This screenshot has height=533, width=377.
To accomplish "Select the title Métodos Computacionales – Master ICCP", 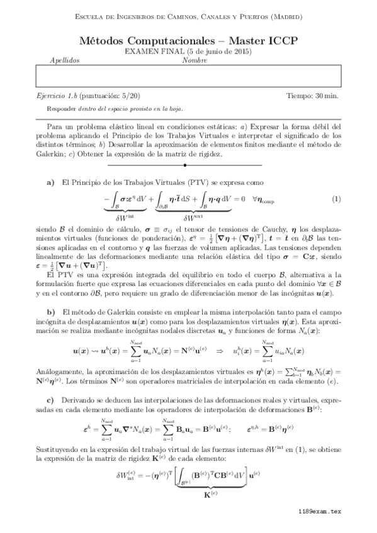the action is point(188,40).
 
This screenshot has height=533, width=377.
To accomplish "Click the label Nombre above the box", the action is point(194,60).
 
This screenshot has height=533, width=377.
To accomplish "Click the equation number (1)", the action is point(336,199).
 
